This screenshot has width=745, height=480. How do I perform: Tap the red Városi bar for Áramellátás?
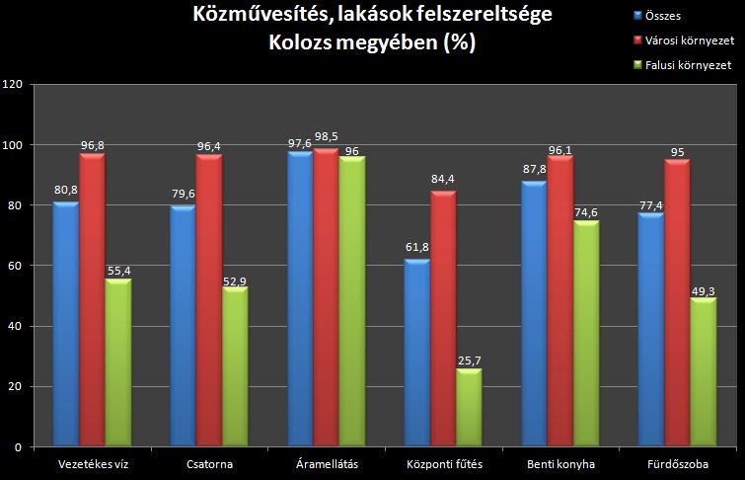327,296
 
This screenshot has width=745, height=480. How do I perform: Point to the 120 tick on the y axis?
13,85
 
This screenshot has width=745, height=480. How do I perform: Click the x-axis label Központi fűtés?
444,463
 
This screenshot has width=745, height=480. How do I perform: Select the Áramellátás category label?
327,463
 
